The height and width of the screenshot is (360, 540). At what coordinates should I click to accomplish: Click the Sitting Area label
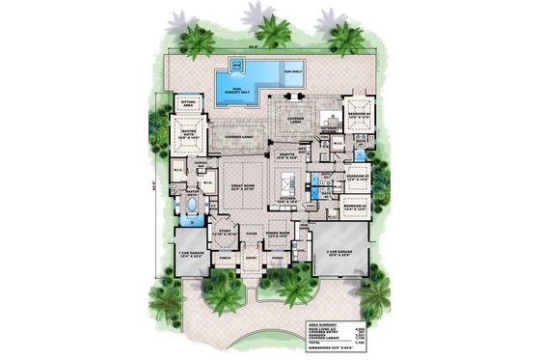(183, 99)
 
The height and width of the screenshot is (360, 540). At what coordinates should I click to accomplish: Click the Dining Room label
(278, 234)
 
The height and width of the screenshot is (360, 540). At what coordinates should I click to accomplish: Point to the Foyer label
(250, 233)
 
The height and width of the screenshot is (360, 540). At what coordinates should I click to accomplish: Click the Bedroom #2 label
(360, 206)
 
